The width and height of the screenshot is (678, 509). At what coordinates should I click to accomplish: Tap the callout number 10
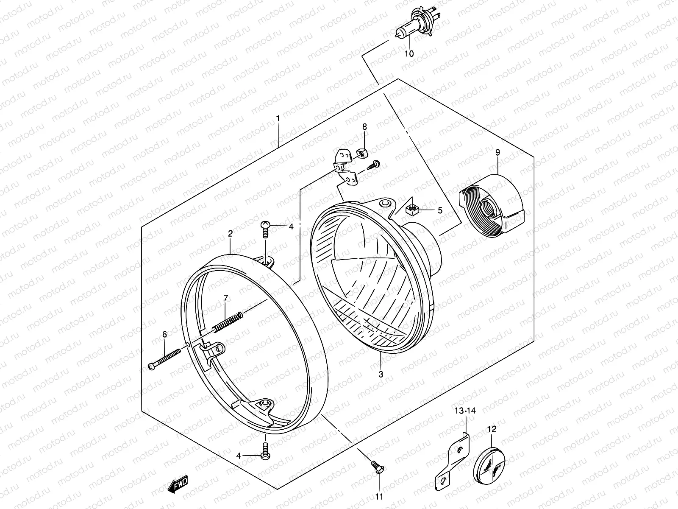point(408,54)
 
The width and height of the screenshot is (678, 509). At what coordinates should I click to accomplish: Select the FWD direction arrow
point(178,484)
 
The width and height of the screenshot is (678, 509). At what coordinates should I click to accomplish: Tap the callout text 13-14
point(465,411)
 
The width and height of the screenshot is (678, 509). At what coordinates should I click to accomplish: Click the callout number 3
point(381,374)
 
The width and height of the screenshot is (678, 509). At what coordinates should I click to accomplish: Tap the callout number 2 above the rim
point(230,233)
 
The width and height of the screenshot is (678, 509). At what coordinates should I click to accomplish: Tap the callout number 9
point(497,152)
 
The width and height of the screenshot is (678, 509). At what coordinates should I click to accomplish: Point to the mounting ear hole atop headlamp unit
point(385,204)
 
